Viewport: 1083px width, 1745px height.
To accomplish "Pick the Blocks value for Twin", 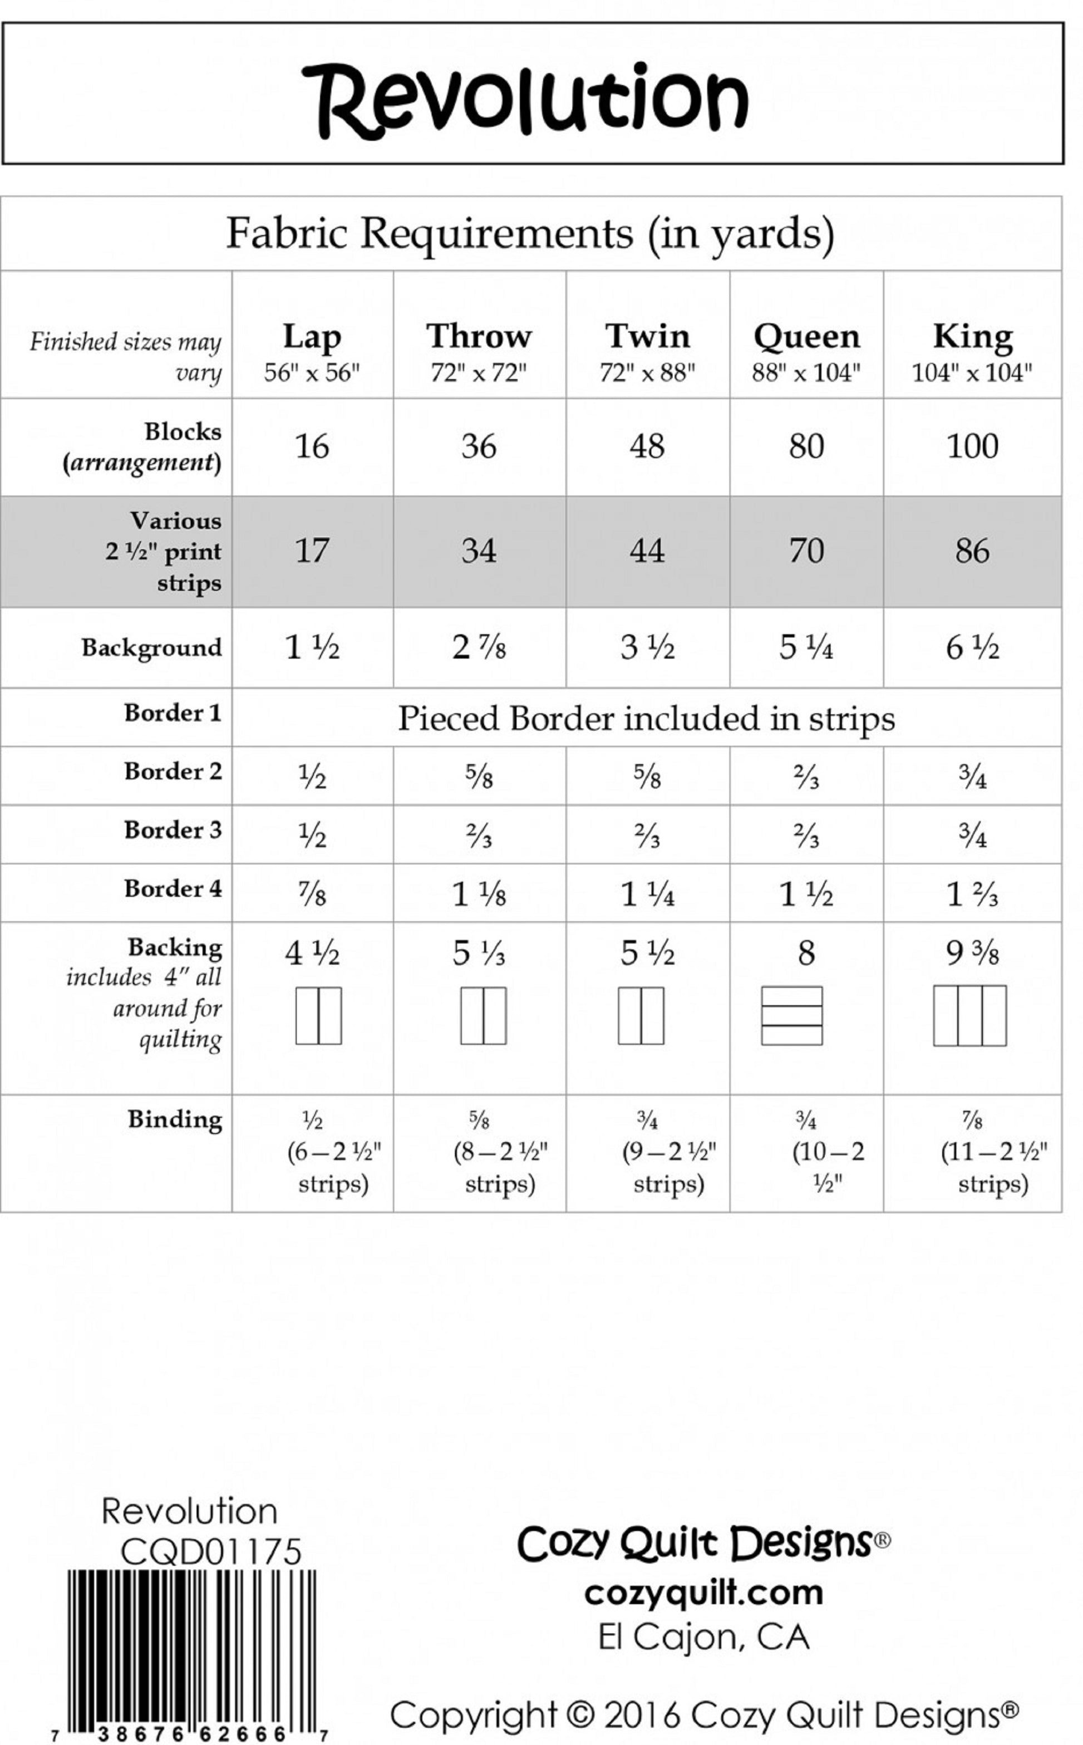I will pyautogui.click(x=647, y=446).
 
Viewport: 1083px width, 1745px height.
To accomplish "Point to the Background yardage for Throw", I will pyautogui.click(x=479, y=647).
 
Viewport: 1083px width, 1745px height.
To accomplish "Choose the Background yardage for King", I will pyautogui.click(x=972, y=647).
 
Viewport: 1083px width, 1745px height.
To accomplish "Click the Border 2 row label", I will pyautogui.click(x=173, y=771).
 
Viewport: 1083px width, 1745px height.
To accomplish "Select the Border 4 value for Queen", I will pyautogui.click(x=806, y=894).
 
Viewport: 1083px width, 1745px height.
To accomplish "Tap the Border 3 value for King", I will pyautogui.click(x=972, y=835).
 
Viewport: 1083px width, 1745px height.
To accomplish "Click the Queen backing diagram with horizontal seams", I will pyautogui.click(x=791, y=1016).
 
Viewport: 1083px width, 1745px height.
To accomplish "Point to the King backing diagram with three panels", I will pyautogui.click(x=970, y=1016).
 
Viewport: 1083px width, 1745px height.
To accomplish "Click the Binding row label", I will pyautogui.click(x=175, y=1119).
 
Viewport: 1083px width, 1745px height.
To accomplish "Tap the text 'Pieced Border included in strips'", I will pyautogui.click(x=646, y=719).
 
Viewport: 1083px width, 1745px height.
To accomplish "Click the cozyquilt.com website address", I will pyautogui.click(x=703, y=1593).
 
